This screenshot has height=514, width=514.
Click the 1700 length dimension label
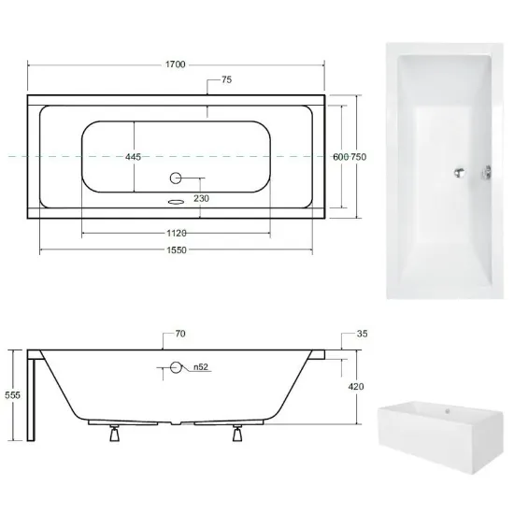[176, 64]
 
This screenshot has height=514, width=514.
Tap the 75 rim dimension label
[226, 79]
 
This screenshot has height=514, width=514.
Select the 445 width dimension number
[133, 157]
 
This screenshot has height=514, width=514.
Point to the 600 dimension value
[340, 157]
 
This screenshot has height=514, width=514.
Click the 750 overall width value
[359, 157]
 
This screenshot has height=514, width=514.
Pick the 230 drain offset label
[201, 198]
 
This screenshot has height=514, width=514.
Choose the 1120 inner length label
[177, 233]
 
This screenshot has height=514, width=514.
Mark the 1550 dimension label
[177, 250]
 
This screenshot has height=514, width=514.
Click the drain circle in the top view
[176, 178]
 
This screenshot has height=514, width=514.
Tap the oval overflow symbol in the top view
[176, 202]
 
